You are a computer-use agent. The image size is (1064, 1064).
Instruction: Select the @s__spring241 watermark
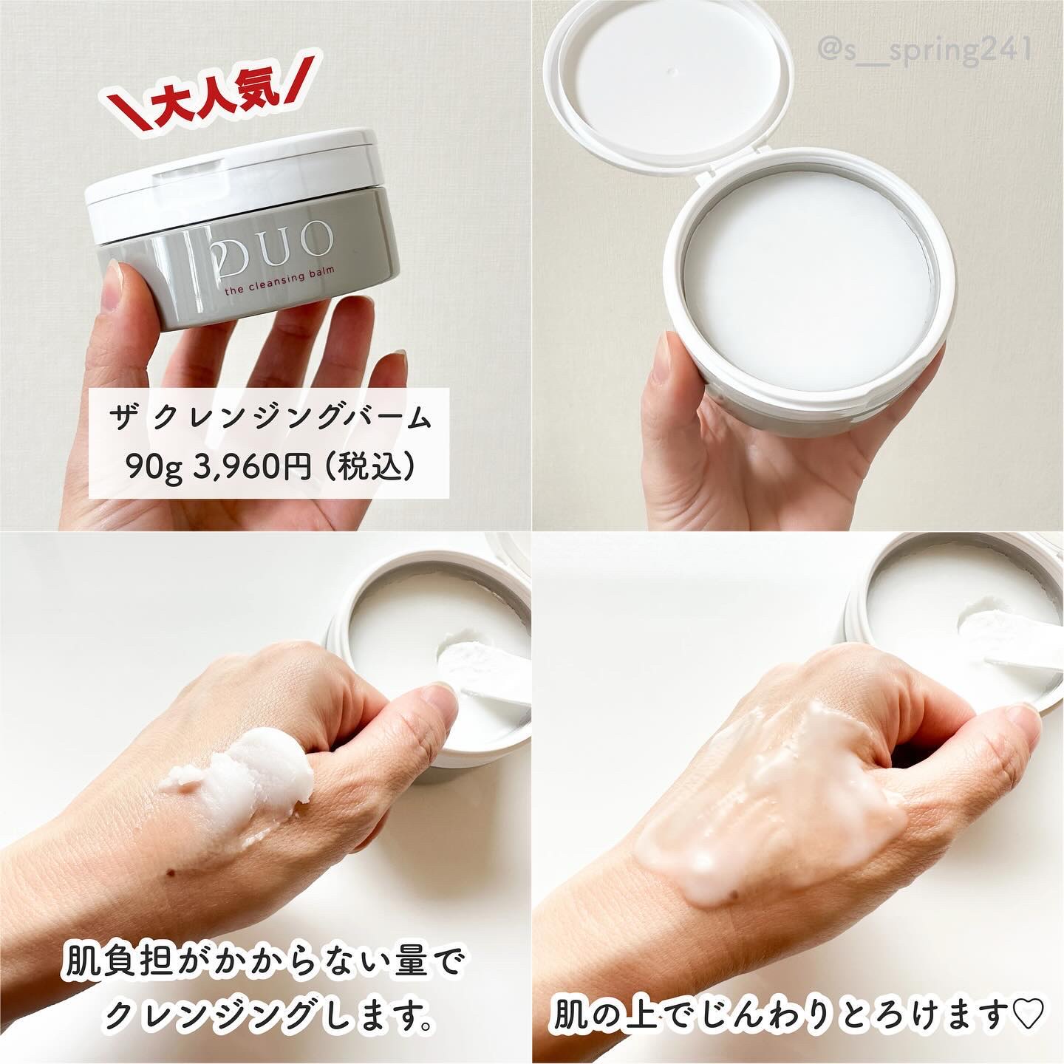[x=924, y=50]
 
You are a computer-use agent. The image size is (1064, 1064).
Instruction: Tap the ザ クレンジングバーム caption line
[x=270, y=420]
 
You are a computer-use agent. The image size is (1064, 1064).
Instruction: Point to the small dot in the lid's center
[x=670, y=71]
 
